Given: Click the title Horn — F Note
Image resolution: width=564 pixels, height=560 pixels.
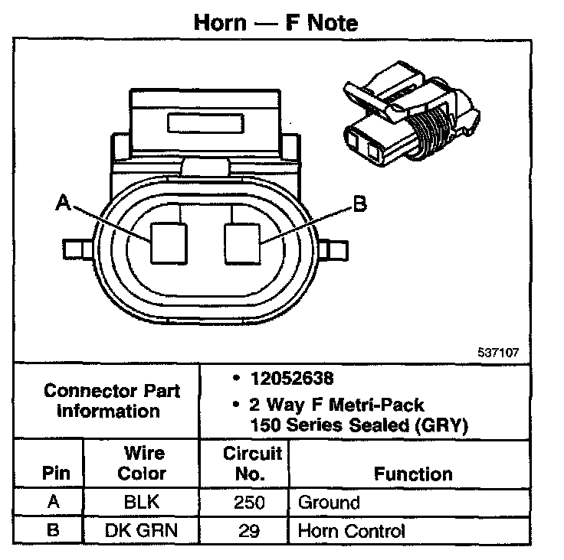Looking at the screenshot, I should (x=275, y=21).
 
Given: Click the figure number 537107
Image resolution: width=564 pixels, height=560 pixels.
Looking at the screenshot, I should (x=499, y=353).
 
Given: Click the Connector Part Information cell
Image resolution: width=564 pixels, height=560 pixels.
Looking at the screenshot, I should (x=112, y=400).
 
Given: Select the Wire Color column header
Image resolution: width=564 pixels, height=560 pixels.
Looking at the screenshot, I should (x=141, y=463).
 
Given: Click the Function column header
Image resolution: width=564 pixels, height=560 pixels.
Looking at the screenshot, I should (x=413, y=474).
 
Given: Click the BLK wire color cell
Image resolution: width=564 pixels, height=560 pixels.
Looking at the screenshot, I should (x=141, y=503).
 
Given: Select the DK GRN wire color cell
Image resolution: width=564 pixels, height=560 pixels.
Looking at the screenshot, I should (x=141, y=530).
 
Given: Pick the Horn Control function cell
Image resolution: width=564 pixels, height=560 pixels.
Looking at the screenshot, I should (x=351, y=530).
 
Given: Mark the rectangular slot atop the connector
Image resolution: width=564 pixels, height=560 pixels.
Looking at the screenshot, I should (x=206, y=122).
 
